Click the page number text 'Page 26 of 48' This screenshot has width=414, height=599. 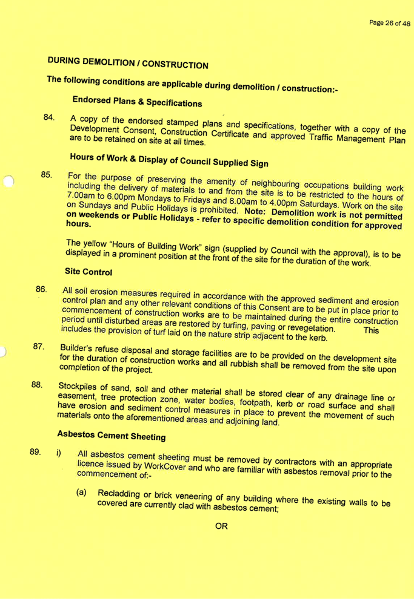click(x=390, y=23)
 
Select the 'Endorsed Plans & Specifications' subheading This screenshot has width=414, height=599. click(x=137, y=102)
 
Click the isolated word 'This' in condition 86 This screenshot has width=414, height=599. click(x=370, y=331)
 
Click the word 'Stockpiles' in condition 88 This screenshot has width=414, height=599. click(x=77, y=387)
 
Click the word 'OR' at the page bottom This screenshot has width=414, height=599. click(x=222, y=526)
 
